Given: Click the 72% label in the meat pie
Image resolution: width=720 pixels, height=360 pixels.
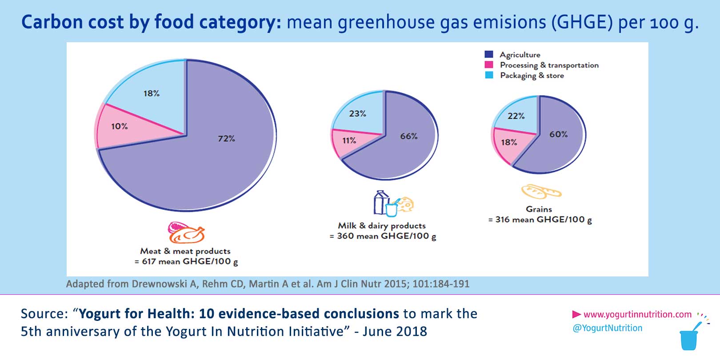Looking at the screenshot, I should tap(226, 139).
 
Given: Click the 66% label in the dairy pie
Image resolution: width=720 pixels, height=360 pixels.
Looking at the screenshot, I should tap(408, 136).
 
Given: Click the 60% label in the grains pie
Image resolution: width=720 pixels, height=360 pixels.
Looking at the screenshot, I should tap(558, 134).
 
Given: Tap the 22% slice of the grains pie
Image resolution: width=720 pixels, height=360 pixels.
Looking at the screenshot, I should tap(516, 116).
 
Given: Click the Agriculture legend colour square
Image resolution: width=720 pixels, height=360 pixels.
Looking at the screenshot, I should tap(489, 54).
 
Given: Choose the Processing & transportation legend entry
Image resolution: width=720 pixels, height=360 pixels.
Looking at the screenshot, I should tap(549, 65).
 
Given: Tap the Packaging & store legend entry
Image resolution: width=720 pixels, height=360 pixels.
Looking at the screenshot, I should tap(532, 76).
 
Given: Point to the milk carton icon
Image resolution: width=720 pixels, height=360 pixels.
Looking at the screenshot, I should tap(380, 203).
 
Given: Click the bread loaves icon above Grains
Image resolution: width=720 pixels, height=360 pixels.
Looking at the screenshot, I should tap(540, 192).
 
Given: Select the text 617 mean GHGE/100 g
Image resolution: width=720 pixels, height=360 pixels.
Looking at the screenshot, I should tap(189, 262).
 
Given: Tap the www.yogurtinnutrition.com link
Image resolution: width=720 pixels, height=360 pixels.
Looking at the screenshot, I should tap(637, 315).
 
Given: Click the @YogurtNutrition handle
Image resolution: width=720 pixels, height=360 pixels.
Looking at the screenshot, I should tap(608, 328).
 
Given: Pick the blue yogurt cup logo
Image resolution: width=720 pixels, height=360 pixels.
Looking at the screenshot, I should tap(689, 339).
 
